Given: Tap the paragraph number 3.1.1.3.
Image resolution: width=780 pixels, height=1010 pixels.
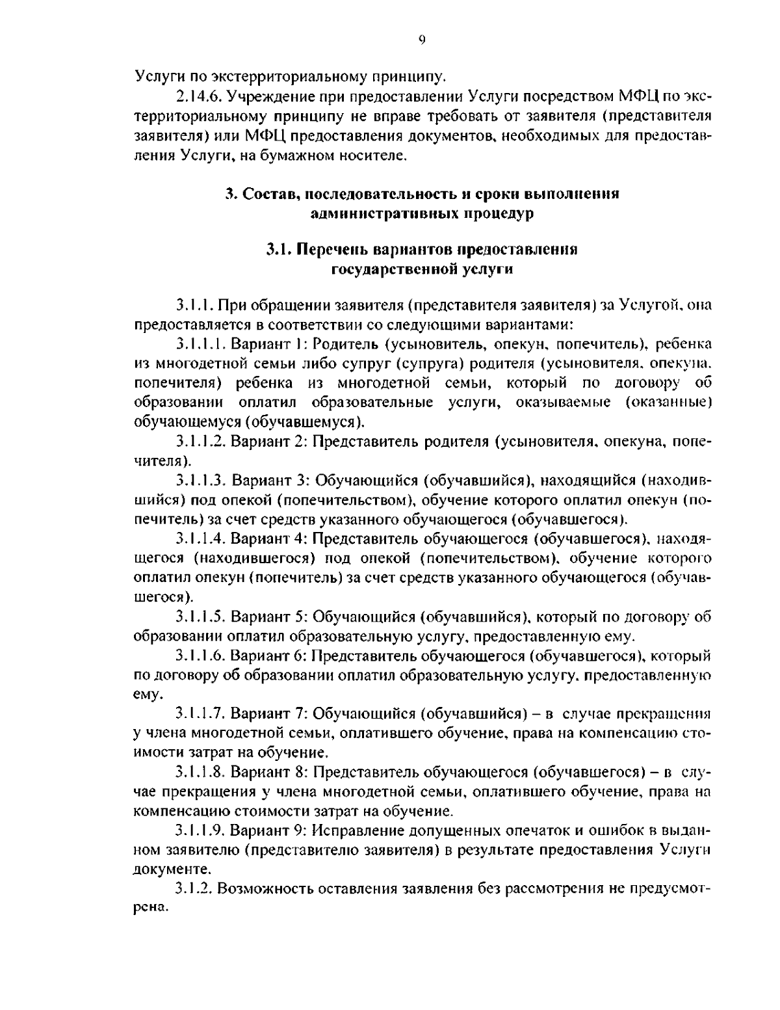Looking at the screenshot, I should (201, 480).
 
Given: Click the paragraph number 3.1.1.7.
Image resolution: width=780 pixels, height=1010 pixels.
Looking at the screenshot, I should (201, 713).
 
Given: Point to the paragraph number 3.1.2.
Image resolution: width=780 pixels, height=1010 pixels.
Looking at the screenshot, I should (194, 889).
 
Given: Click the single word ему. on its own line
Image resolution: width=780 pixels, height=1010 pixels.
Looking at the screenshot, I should (146, 694).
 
